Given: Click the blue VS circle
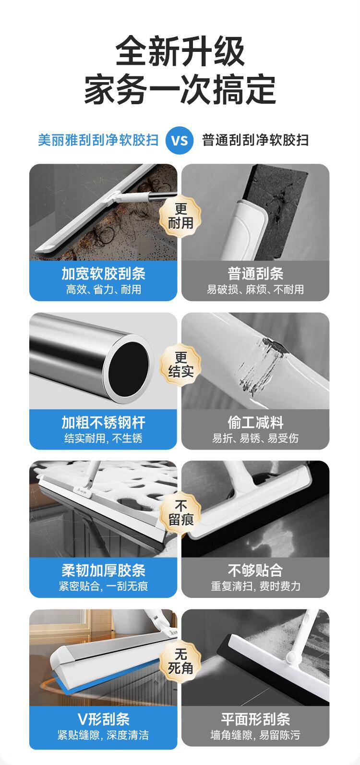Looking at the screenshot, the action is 180,140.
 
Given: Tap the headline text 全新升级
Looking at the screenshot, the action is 180,52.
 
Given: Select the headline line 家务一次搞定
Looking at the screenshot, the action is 180,90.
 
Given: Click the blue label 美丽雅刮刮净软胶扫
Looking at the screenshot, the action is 98,140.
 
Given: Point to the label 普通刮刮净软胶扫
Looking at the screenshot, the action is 255,140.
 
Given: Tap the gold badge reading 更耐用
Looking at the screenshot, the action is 180,216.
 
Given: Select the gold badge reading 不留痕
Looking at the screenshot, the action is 180,513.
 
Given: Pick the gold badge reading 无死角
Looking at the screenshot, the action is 180,662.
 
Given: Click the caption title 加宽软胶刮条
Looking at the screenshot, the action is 103,274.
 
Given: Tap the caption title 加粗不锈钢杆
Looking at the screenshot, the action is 103,423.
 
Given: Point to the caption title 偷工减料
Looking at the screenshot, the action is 255,423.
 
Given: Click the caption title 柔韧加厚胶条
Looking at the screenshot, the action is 103,571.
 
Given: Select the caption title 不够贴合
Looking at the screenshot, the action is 255,571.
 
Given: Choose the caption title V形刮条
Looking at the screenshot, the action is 103,719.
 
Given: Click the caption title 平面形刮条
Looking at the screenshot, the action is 255,719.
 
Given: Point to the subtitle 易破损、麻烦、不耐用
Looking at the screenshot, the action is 255,290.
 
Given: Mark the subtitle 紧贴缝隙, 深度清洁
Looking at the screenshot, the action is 103,735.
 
